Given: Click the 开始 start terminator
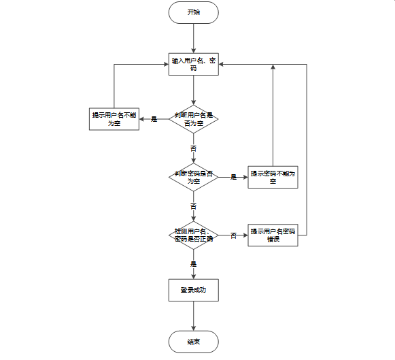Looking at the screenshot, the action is (194, 13).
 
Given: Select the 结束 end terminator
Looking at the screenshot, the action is (194, 342).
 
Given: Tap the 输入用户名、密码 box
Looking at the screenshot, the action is (194, 64).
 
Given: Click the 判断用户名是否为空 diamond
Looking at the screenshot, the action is (194, 119).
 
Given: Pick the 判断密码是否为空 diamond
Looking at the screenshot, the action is (194, 177).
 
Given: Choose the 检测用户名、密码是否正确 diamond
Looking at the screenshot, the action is (194, 235).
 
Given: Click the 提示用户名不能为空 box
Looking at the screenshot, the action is (114, 119).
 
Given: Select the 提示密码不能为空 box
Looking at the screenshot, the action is (273, 177).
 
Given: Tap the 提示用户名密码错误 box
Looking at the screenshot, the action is (273, 235).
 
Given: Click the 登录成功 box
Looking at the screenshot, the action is (194, 290).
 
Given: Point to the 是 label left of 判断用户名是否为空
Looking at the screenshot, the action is (154, 119).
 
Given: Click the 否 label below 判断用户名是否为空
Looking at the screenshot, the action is (193, 148).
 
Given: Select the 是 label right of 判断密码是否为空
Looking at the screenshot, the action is (233, 177).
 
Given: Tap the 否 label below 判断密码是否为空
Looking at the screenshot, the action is (193, 206).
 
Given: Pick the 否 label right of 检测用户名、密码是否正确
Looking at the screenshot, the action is (233, 235).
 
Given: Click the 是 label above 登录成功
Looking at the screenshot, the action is (193, 264).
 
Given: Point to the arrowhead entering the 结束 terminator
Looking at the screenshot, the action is (194, 328).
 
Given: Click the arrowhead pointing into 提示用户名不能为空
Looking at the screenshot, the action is (142, 119).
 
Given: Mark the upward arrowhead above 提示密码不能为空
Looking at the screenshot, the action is (273, 67).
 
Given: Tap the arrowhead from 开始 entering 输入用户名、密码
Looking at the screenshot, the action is (194, 50).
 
